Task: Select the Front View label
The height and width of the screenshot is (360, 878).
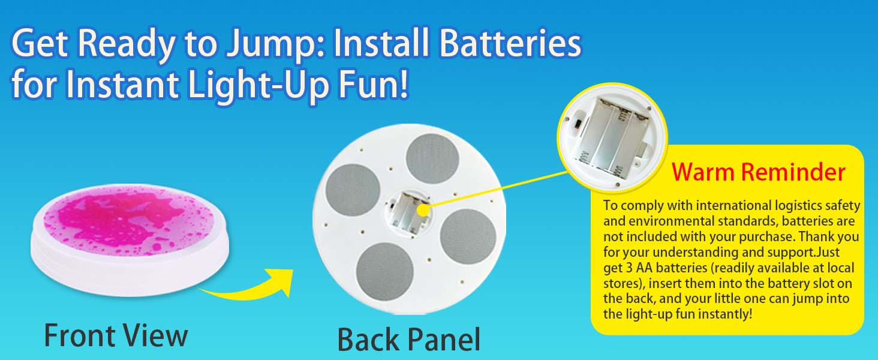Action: point(116,335)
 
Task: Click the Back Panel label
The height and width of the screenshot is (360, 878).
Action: point(409,339)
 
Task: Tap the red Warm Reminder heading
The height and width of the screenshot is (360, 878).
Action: point(758,172)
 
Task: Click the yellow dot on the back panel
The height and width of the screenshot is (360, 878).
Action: point(423,210)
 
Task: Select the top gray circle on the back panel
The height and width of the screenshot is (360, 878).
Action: point(432,158)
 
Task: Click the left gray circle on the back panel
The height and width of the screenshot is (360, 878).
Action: point(353,190)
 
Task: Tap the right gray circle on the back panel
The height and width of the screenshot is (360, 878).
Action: point(468,236)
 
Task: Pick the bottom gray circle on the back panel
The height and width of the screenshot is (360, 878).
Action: point(385,271)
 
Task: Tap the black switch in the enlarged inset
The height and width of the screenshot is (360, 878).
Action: point(578,125)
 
